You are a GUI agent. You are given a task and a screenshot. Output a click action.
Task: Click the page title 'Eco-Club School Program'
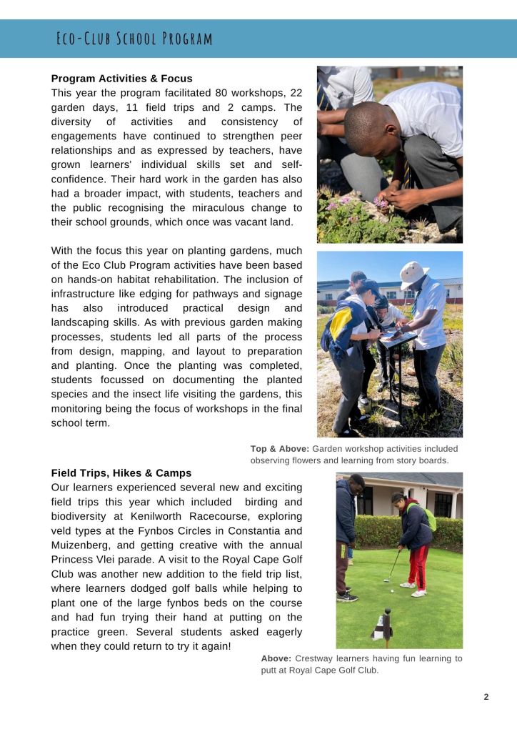click(x=134, y=39)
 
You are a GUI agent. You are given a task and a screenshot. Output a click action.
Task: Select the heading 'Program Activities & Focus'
click(x=121, y=79)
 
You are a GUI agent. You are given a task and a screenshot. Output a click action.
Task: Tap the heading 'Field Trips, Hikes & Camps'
click(x=121, y=473)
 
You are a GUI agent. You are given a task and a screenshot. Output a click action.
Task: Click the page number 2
click(x=486, y=697)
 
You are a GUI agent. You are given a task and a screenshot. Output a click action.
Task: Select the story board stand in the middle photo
click(x=397, y=357)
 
